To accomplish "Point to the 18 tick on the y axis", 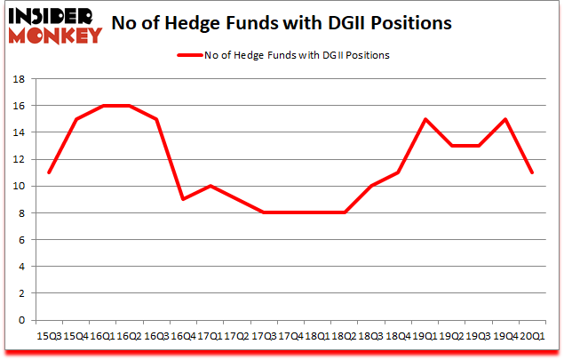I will [20, 79].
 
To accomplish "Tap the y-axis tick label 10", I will [20, 187].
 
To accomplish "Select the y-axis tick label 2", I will [22, 293].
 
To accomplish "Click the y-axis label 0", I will [22, 320].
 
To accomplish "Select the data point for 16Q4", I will [183, 199].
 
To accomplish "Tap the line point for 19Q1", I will [425, 119].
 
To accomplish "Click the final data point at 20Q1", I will [533, 172].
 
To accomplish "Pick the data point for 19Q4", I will [506, 119].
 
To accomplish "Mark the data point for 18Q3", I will [371, 186].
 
